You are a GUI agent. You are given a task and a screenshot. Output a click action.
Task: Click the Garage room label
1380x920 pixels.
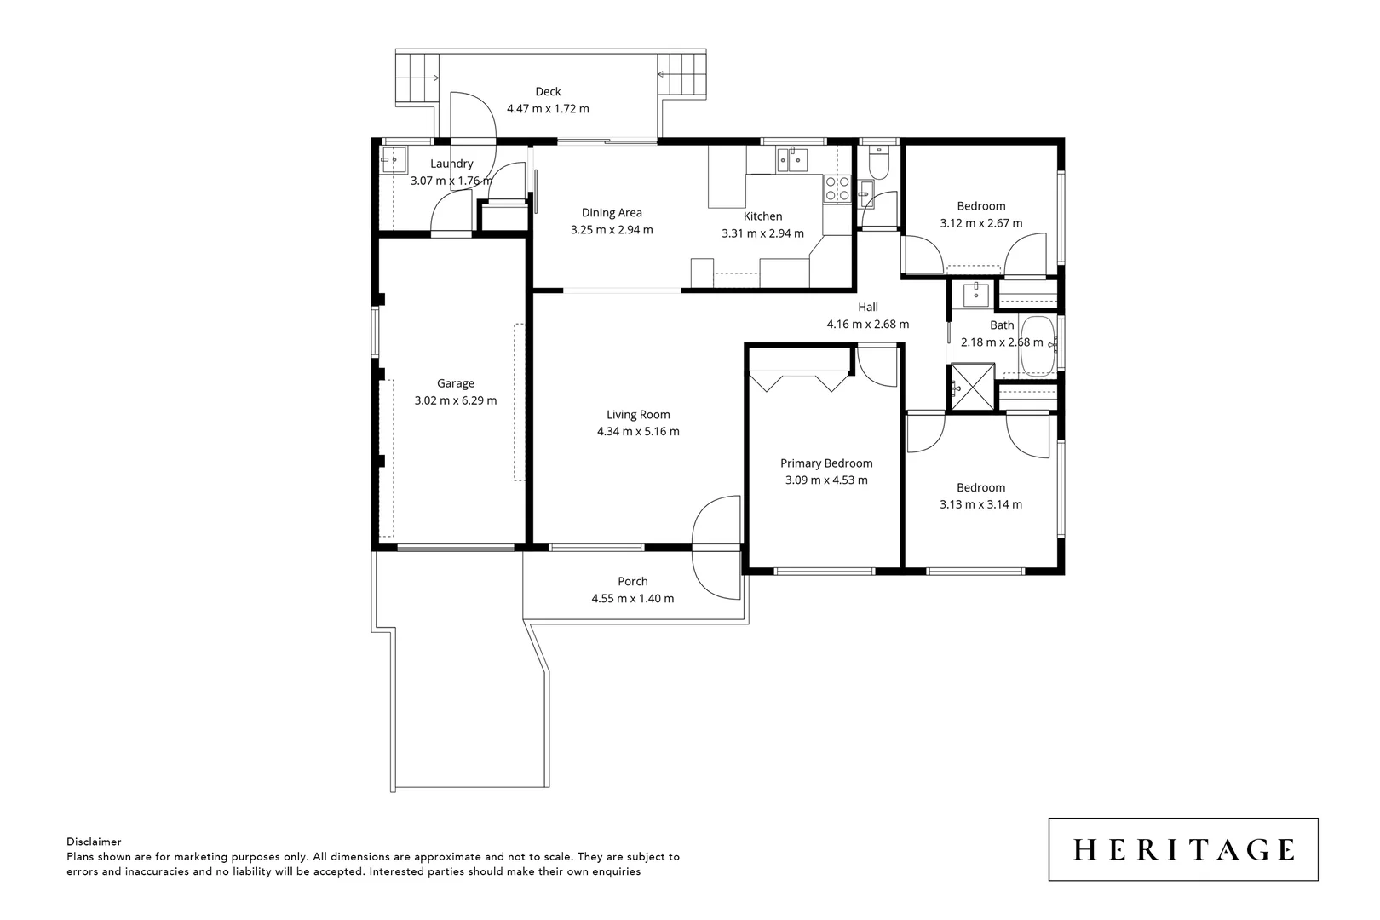pyautogui.click(x=455, y=383)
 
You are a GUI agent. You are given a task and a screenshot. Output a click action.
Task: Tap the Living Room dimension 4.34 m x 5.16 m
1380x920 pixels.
pyautogui.click(x=638, y=432)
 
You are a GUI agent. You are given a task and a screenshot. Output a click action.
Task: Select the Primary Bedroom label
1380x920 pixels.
pyautogui.click(x=826, y=463)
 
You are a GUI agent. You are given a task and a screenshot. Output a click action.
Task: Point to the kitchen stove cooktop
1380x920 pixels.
pyautogui.click(x=837, y=188)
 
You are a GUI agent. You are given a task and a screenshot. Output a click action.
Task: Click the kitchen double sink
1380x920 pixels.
pyautogui.click(x=791, y=159)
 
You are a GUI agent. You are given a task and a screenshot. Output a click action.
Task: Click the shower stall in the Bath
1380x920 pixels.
pyautogui.click(x=973, y=387)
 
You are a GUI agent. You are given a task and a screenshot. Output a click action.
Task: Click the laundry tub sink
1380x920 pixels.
pyautogui.click(x=393, y=158)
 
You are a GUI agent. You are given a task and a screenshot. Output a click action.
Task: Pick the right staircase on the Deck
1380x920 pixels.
pyautogui.click(x=684, y=75)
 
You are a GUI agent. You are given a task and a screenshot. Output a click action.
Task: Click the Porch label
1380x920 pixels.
pyautogui.click(x=633, y=582)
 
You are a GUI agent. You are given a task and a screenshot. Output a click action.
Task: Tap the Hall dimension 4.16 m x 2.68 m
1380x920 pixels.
pyautogui.click(x=867, y=325)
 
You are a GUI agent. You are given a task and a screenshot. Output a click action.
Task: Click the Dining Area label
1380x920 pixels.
pyautogui.click(x=612, y=213)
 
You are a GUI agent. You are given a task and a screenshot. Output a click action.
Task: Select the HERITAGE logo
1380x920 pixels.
pyautogui.click(x=1183, y=849)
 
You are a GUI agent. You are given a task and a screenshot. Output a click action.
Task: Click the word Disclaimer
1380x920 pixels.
pyautogui.click(x=94, y=842)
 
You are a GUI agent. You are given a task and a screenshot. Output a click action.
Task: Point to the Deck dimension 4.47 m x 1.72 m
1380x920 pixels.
pyautogui.click(x=548, y=109)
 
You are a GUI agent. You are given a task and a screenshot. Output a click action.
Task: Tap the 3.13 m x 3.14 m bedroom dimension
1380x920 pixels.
pyautogui.click(x=980, y=504)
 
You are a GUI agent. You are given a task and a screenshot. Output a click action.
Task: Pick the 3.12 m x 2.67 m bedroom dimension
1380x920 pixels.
pyautogui.click(x=980, y=223)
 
